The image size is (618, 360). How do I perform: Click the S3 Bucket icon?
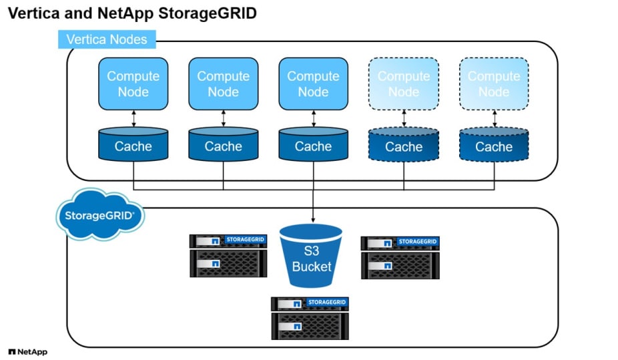coord(311,258)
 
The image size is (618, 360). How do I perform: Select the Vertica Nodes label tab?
coord(107,40)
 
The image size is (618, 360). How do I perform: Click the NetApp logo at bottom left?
coord(27,351)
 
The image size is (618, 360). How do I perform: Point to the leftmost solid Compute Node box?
coord(133,83)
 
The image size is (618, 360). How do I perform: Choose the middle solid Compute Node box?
coord(223,83)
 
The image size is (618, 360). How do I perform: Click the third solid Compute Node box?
coord(313,83)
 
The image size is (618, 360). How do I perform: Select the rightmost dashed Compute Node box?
coord(494,83)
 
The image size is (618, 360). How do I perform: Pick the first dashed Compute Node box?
coord(404,83)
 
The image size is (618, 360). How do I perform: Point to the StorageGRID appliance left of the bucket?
coord(228,255)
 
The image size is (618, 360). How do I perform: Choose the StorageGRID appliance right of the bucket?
coord(400,257)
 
